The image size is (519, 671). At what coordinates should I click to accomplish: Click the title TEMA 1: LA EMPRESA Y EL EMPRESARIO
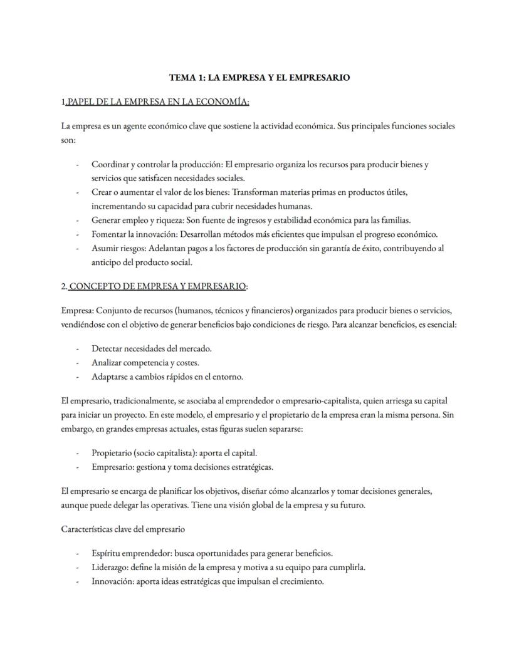click(x=259, y=78)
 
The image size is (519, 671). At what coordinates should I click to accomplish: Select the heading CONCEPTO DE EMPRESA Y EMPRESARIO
click(x=157, y=286)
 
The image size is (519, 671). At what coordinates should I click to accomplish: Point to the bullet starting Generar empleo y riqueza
click(x=251, y=220)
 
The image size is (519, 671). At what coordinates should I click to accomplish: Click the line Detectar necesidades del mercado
click(x=151, y=348)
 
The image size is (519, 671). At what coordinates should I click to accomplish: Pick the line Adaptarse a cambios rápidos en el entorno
click(x=167, y=377)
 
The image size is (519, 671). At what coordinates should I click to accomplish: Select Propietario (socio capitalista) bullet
click(x=174, y=453)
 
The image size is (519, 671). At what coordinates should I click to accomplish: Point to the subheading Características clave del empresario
click(x=123, y=529)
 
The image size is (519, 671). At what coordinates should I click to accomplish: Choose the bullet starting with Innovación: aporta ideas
click(x=207, y=581)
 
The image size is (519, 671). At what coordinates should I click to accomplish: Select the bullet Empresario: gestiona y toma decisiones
click(x=182, y=467)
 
